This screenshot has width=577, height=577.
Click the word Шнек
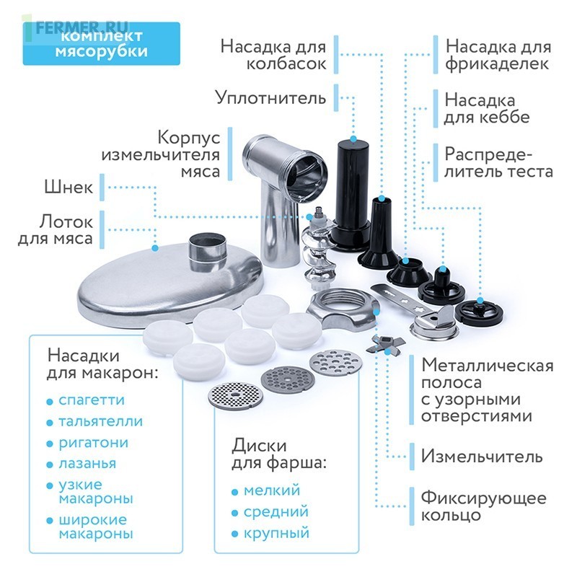pyautogui.click(x=69, y=188)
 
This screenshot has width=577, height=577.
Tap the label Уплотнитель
pyautogui.click(x=271, y=98)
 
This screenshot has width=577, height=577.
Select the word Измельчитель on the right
pyautogui.click(x=482, y=457)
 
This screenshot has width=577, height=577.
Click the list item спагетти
pyautogui.click(x=92, y=400)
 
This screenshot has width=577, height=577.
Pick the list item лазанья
pyautogui.click(x=87, y=464)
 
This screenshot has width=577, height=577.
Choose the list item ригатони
pyautogui.click(x=94, y=443)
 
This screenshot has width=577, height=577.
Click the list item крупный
pyautogui.click(x=276, y=533)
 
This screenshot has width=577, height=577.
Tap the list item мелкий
pyautogui.click(x=272, y=490)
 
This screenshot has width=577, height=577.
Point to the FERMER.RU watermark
pyautogui.click(x=82, y=27)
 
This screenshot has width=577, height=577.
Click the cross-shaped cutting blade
pyautogui.click(x=385, y=345)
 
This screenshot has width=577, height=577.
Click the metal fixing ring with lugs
pyautogui.click(x=343, y=309)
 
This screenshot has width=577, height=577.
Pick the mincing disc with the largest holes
pyautogui.click(x=336, y=362)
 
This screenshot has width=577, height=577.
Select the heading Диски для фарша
pyautogui.click(x=279, y=454)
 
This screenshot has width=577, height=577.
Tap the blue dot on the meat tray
pyautogui.click(x=155, y=248)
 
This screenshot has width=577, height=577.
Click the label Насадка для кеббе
pyautogui.click(x=486, y=109)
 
